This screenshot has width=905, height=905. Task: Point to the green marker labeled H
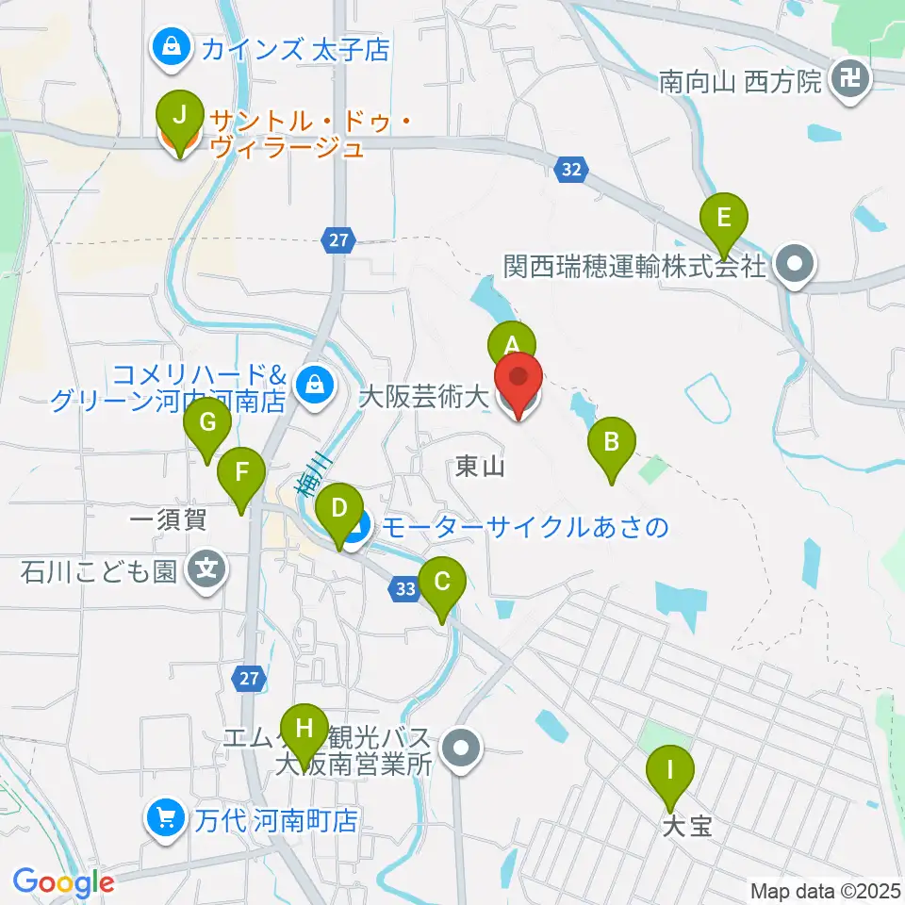304,729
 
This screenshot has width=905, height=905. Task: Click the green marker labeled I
670,771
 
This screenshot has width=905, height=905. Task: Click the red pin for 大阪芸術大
518,378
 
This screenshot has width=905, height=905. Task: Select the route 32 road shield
571,170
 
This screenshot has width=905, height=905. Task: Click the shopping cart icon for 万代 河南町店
166,816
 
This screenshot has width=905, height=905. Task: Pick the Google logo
63,882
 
